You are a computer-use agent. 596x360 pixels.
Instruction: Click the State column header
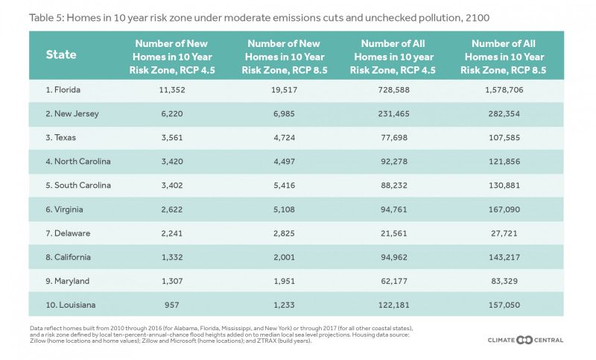(61, 54)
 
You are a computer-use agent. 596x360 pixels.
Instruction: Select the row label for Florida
(63, 89)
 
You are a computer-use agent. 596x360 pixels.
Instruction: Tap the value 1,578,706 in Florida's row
(504, 90)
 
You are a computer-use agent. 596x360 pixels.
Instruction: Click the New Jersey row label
(72, 113)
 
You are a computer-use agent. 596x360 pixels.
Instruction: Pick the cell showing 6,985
(284, 113)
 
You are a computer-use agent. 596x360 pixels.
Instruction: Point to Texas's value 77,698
(394, 138)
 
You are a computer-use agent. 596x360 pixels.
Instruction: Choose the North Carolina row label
(78, 161)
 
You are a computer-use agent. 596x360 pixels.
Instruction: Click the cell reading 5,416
(284, 186)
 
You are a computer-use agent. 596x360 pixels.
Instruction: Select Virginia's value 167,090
(504, 209)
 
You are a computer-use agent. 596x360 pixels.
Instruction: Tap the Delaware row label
(68, 233)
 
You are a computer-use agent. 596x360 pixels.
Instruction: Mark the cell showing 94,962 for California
(394, 257)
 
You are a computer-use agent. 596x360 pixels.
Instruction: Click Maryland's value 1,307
(172, 281)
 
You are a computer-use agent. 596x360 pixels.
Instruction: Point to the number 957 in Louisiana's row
(172, 305)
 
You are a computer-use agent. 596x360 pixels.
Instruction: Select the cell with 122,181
(394, 305)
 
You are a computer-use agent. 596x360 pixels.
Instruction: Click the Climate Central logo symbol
(524, 340)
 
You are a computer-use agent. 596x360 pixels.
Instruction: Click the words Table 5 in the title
(45, 18)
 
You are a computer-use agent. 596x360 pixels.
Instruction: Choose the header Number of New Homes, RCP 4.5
(172, 57)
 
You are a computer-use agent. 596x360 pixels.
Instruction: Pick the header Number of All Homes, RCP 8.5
(504, 57)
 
